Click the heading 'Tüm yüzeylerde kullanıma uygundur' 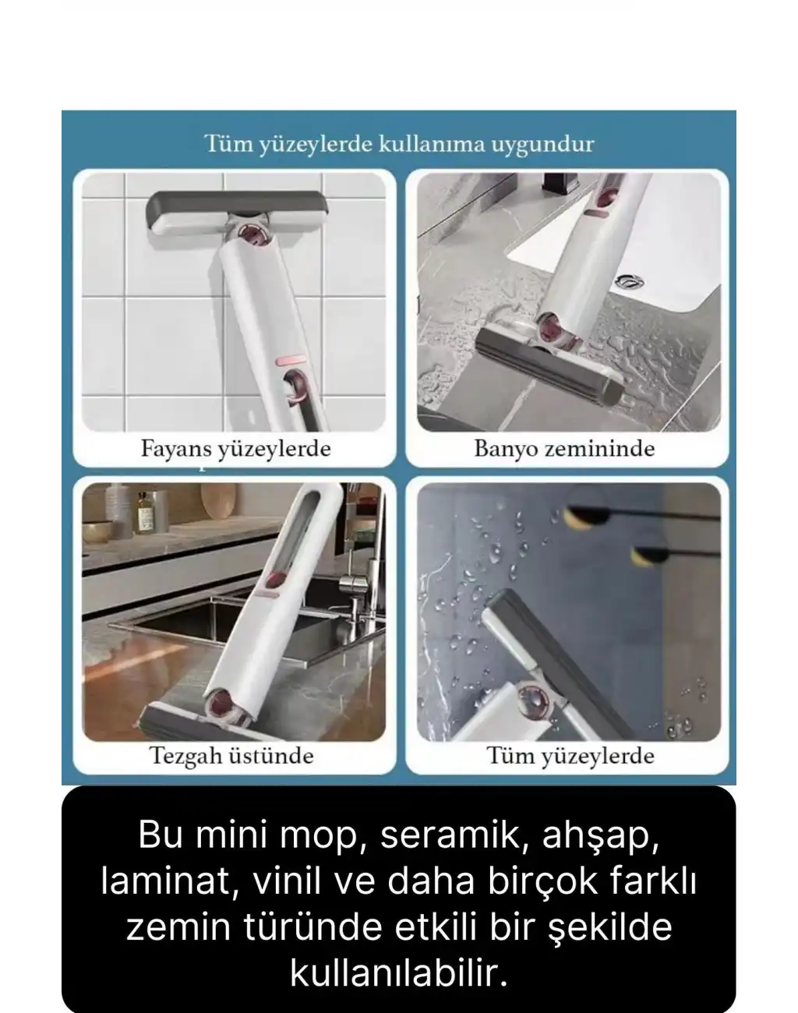(398, 145)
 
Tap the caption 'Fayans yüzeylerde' (235, 449)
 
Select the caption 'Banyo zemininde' (564, 449)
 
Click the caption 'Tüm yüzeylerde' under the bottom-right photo (570, 755)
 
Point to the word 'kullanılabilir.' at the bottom (398, 971)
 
